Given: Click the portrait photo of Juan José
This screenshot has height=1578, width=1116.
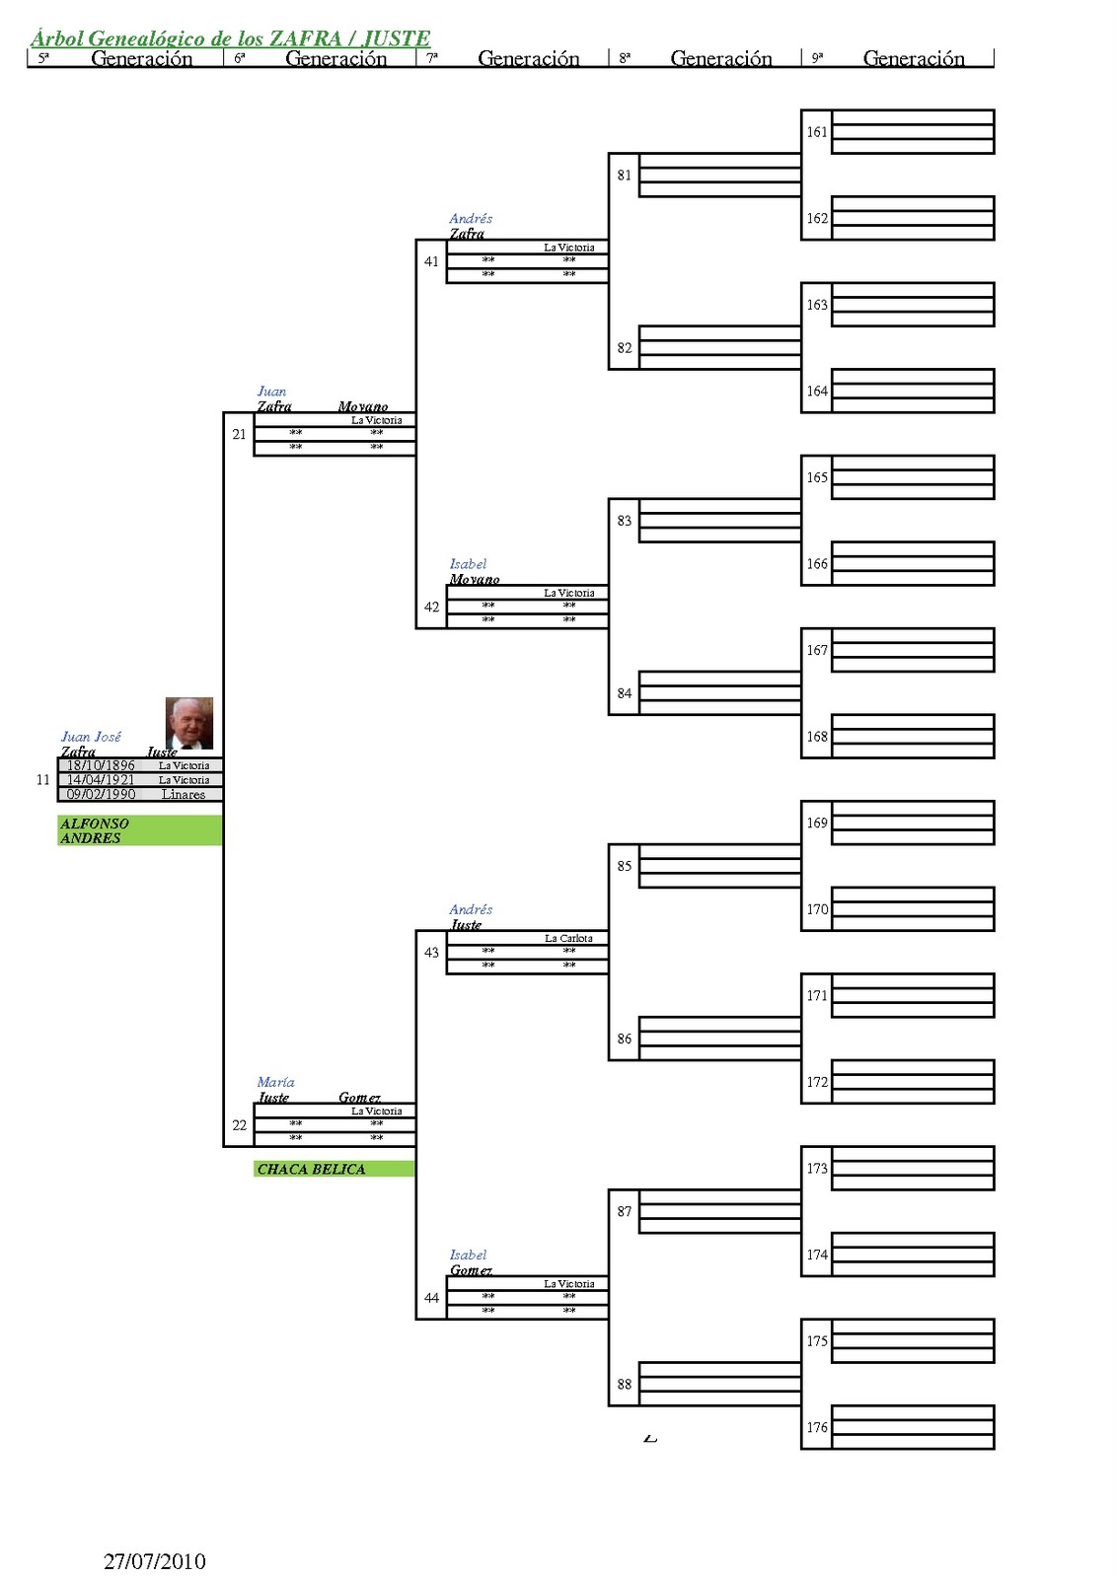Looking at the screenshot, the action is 188,723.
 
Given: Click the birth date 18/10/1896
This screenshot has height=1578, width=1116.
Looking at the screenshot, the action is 101,765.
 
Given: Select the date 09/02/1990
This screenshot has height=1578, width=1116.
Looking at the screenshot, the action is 101,794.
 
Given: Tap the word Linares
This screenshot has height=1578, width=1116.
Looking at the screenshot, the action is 184,794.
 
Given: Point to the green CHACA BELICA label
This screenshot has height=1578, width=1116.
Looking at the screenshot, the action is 311,1169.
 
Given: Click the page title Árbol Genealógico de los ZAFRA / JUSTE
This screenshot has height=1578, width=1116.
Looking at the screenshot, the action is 230,38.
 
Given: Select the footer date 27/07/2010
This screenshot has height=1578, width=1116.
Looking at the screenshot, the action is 155,1561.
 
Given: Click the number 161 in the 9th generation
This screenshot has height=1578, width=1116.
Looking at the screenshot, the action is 817,132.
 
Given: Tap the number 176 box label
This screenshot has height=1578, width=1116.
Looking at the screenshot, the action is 817,1427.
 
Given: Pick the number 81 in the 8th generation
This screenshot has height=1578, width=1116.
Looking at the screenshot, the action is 625,176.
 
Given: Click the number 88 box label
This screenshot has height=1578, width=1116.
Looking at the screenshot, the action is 625,1384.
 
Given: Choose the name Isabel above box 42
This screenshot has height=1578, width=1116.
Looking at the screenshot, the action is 468,564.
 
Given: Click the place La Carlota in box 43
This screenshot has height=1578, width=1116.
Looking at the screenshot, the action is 568,938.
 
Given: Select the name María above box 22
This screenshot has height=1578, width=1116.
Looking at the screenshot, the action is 275,1082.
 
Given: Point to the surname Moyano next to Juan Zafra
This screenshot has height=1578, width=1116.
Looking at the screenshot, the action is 362,406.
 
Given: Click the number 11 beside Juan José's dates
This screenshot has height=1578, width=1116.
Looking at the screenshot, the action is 42,779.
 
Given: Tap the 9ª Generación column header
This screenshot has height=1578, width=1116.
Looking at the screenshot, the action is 913,59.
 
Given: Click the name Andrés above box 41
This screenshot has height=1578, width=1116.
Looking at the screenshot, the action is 471,218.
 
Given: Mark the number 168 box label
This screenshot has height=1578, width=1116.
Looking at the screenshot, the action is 817,737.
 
